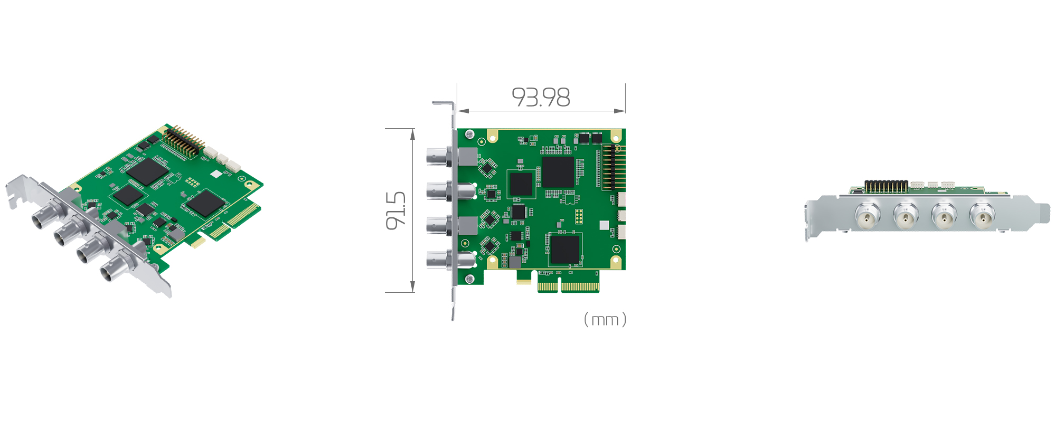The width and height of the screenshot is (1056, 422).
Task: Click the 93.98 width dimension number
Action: coord(541,98)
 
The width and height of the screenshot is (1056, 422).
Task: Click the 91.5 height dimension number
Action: coord(396,210)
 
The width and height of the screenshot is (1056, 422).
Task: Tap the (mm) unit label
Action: coord(605,320)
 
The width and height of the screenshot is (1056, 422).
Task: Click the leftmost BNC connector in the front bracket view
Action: coord(867,216)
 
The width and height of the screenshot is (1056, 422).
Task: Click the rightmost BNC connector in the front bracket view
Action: coord(982,216)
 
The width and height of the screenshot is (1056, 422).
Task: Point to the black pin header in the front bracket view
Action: coord(885,186)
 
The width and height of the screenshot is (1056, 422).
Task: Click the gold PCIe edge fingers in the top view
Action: coord(569,287)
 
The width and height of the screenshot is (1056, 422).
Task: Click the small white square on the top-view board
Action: coord(604,225)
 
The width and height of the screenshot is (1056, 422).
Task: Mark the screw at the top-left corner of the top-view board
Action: coord(468,135)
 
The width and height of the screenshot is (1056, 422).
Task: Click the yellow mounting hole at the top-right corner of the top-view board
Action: coord(616,136)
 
